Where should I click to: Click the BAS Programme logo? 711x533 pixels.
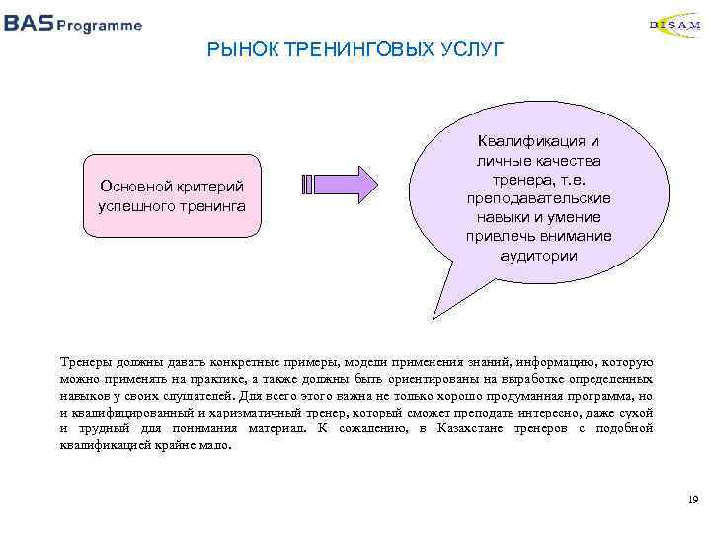(x=73, y=24)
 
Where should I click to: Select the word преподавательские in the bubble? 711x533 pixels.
(x=539, y=198)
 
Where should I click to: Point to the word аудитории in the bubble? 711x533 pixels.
(x=539, y=255)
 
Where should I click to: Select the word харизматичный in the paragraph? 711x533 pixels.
(x=223, y=412)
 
